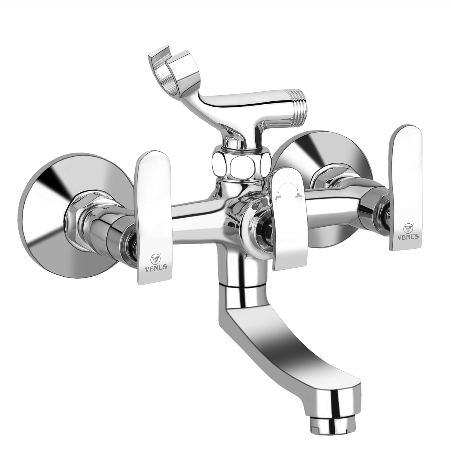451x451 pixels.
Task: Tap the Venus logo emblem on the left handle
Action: pos(155,258)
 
